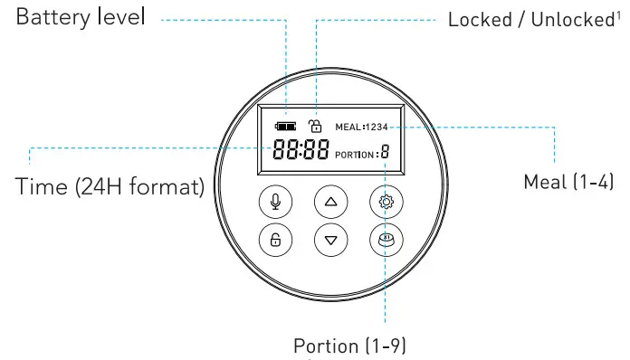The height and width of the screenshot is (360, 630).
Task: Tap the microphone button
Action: (x=275, y=203)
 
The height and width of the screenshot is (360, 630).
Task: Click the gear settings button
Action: (x=385, y=203)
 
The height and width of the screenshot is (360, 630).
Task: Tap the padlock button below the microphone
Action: (x=275, y=240)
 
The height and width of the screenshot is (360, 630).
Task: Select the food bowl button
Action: (x=385, y=240)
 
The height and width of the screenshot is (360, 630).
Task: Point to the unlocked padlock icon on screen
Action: (x=315, y=126)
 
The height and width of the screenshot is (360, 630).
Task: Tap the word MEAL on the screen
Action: (x=348, y=127)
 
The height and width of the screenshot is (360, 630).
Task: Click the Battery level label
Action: (x=81, y=17)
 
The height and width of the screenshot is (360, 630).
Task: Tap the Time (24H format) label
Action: (x=110, y=187)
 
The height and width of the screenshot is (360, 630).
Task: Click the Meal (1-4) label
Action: (x=569, y=182)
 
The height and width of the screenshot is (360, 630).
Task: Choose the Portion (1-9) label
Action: (x=355, y=346)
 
